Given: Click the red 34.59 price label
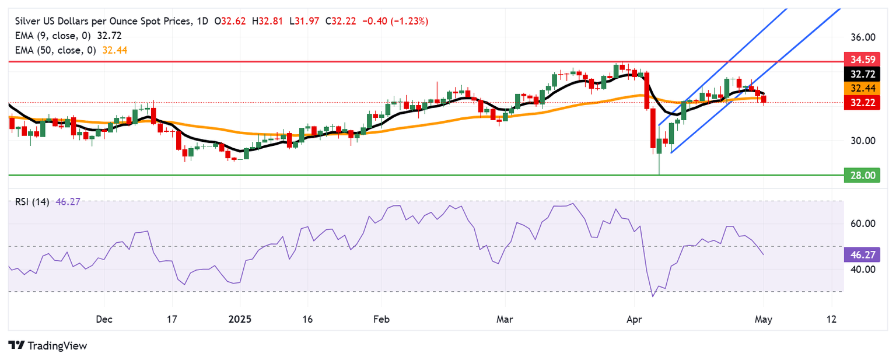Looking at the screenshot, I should pyautogui.click(x=862, y=60).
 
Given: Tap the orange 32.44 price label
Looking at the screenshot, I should pyautogui.click(x=862, y=88).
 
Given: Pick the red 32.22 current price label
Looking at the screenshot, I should pyautogui.click(x=862, y=103).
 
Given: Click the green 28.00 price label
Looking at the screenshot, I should pyautogui.click(x=862, y=175).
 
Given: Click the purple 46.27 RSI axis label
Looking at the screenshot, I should pyautogui.click(x=862, y=255).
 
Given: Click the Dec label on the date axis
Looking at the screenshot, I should pyautogui.click(x=104, y=319).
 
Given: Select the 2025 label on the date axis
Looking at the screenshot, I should pyautogui.click(x=240, y=319).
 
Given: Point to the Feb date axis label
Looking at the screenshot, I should pyautogui.click(x=381, y=319).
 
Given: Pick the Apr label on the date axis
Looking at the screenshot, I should pyautogui.click(x=634, y=319).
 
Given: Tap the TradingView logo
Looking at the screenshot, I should pyautogui.click(x=48, y=345).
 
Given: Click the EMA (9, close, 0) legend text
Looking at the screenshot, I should pyautogui.click(x=53, y=36).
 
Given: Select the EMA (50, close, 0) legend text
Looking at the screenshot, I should pyautogui.click(x=55, y=50).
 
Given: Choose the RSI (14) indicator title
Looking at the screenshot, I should pyautogui.click(x=32, y=201).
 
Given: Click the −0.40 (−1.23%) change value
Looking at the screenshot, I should pyautogui.click(x=395, y=21).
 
